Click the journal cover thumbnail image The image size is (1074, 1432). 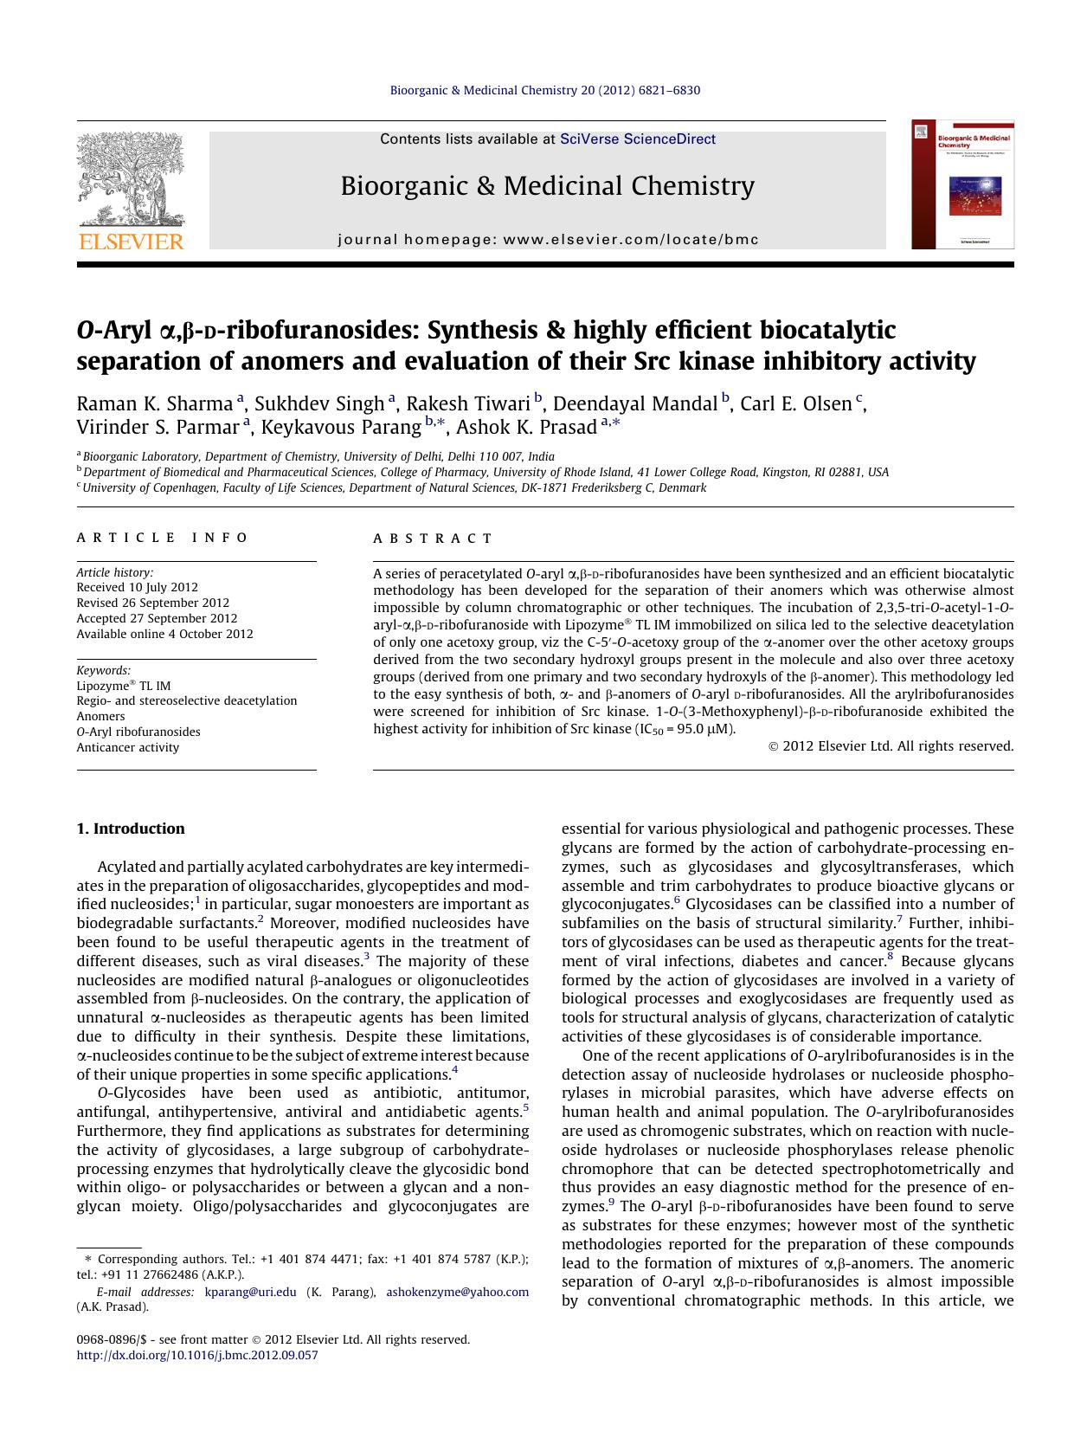[x=962, y=184]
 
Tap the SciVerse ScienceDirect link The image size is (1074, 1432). [x=638, y=139]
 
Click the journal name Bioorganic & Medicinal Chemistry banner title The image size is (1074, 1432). [x=547, y=186]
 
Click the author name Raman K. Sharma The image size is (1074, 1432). [x=155, y=403]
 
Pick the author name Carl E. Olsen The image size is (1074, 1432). [x=795, y=403]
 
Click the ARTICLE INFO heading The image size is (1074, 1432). [x=163, y=538]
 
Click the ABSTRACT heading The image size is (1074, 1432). [x=433, y=538]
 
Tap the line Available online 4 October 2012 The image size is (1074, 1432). [x=164, y=634]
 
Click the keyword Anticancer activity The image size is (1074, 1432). [x=128, y=747]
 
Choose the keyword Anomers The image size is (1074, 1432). [x=100, y=716]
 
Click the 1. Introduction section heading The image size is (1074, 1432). [x=131, y=829]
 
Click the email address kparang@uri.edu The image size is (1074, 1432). [x=250, y=1292]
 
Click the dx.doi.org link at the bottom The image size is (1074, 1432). [x=197, y=1355]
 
